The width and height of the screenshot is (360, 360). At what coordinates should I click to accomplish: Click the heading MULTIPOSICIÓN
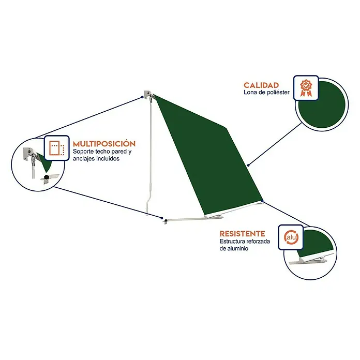(104, 144)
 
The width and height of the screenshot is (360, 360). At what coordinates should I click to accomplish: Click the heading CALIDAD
(261, 85)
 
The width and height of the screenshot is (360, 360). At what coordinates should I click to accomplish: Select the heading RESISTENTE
(242, 234)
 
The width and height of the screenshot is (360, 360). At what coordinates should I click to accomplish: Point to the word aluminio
(237, 248)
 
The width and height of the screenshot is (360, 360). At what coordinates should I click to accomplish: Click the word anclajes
(84, 159)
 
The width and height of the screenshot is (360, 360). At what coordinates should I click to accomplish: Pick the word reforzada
(258, 242)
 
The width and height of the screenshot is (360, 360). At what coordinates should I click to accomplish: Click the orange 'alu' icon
(291, 237)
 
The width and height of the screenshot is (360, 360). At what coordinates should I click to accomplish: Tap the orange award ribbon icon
(306, 88)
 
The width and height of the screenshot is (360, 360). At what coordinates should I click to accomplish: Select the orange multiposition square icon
(56, 148)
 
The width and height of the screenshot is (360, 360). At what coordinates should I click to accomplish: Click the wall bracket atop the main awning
(148, 94)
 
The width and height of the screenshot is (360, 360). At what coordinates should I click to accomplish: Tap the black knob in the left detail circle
(47, 177)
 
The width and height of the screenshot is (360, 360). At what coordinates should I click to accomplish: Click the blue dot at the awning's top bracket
(142, 97)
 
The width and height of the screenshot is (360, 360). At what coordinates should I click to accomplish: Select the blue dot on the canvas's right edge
(248, 165)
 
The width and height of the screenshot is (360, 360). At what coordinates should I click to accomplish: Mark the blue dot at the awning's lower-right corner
(262, 201)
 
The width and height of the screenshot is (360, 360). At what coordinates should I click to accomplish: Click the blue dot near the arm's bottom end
(162, 218)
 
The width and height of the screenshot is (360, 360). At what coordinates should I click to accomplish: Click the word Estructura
(232, 242)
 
